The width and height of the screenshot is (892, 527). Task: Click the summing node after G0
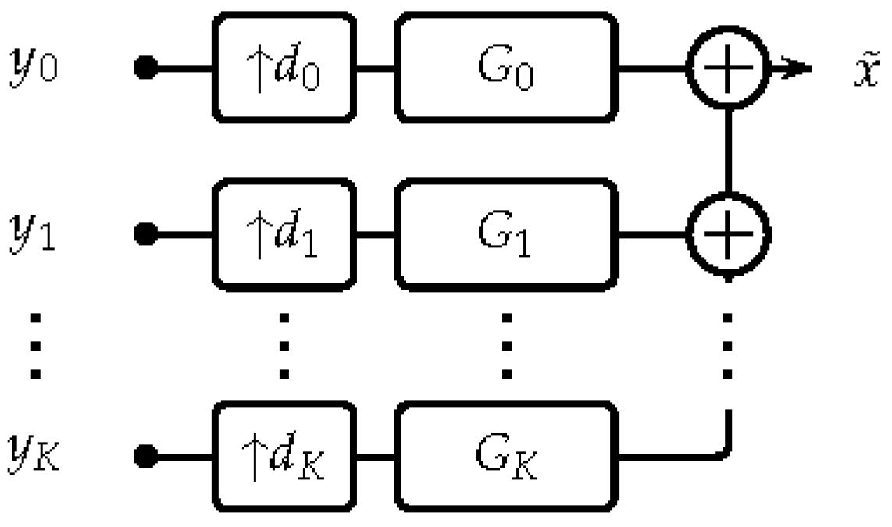coord(728,68)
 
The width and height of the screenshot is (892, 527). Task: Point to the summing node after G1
coord(728,233)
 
